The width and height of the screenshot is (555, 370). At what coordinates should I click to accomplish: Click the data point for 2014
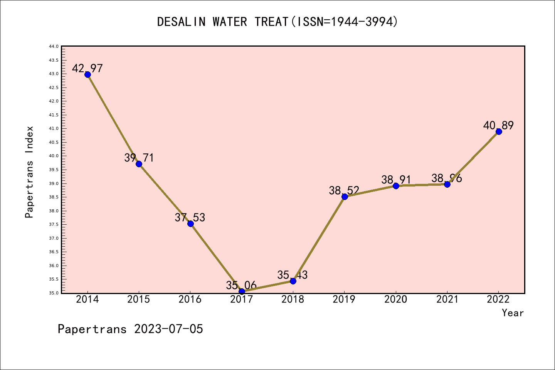tap(87, 74)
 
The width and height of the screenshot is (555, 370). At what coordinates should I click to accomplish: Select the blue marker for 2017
tap(242, 291)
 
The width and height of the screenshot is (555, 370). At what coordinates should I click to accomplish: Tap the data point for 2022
tap(499, 131)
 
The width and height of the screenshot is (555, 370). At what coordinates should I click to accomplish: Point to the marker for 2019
tap(345, 197)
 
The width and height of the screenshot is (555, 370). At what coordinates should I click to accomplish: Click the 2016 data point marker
tap(190, 224)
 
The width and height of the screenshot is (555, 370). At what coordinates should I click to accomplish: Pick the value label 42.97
tap(87, 68)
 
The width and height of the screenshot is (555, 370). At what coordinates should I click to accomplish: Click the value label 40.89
tap(498, 125)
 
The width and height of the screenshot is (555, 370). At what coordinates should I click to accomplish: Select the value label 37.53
tap(190, 217)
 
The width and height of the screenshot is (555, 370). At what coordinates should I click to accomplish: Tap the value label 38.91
tap(396, 180)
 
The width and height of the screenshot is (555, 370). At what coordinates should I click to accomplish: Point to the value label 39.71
tap(139, 158)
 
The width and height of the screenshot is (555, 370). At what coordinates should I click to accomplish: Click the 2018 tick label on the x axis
tap(293, 299)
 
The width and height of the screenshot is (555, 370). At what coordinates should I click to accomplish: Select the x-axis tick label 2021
tap(447, 299)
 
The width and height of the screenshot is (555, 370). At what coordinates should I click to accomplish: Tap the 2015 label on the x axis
tap(139, 299)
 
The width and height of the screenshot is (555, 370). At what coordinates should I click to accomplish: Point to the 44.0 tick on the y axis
tap(54, 46)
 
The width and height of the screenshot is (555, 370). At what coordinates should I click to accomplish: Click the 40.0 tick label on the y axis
tap(54, 156)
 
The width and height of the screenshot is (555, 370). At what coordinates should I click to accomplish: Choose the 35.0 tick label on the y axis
tap(54, 293)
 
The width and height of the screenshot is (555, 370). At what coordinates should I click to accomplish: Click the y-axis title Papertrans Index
tap(29, 172)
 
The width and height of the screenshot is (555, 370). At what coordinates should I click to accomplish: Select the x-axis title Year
tap(513, 313)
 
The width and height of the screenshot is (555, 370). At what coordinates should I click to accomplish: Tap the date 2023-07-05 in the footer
tap(168, 329)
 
